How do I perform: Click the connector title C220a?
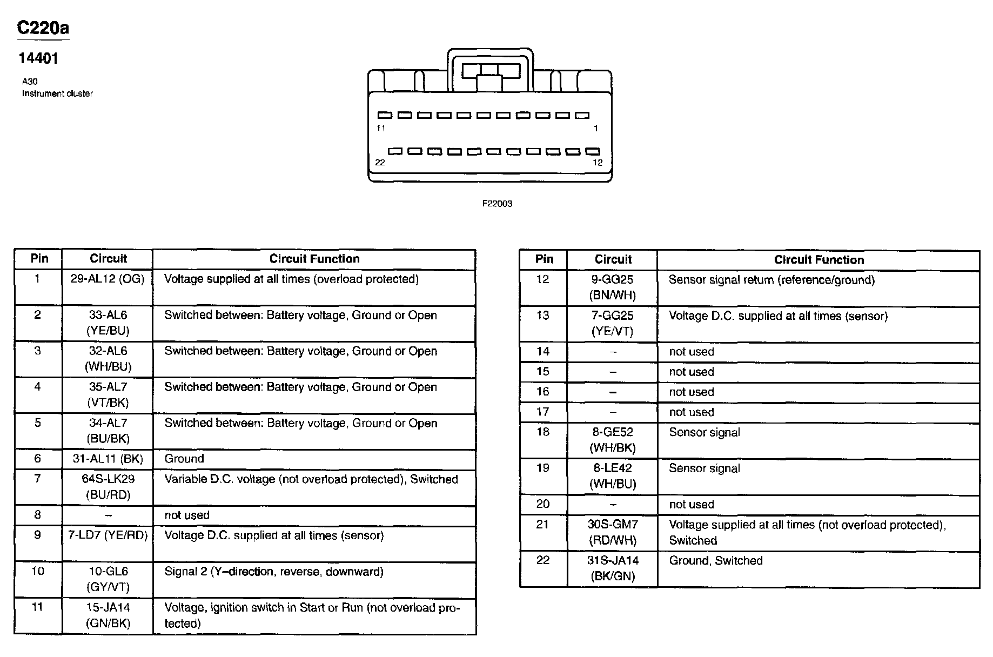click(x=43, y=28)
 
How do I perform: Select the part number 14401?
click(x=38, y=58)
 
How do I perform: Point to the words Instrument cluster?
click(x=57, y=93)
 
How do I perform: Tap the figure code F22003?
click(x=497, y=204)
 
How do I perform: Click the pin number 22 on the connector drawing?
click(x=380, y=162)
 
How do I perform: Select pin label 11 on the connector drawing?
click(x=381, y=128)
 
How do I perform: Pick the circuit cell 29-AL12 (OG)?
click(x=108, y=279)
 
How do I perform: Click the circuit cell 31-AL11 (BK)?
click(x=108, y=459)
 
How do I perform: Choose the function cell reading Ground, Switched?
click(x=715, y=561)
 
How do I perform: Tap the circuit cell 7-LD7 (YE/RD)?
click(x=108, y=535)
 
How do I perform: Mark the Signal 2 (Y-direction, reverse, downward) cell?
click(x=273, y=572)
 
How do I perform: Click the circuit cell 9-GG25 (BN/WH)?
click(x=613, y=287)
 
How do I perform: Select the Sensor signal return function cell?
click(x=771, y=280)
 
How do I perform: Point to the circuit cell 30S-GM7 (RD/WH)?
click(x=613, y=532)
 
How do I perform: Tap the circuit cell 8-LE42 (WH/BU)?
click(x=613, y=476)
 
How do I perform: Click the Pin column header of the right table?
click(x=544, y=259)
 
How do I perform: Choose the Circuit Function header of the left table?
click(x=314, y=259)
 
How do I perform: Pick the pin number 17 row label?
click(x=543, y=412)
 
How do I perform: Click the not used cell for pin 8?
click(x=187, y=515)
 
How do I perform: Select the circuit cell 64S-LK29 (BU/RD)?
click(x=108, y=487)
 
